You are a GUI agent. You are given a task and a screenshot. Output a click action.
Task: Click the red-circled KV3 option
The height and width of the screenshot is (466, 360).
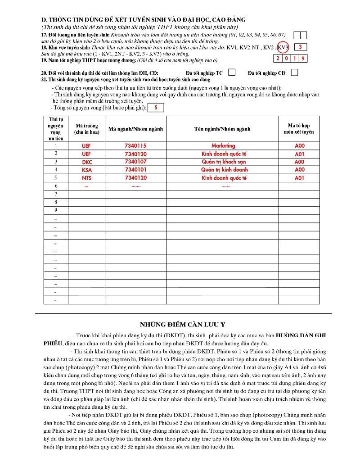point(283,47)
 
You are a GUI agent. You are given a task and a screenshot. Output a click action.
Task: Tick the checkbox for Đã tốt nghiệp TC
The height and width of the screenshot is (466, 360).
point(232,72)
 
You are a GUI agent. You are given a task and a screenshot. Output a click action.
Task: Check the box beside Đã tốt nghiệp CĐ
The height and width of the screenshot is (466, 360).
point(294,72)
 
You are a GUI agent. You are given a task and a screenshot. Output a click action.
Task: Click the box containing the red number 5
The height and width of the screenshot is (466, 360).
point(156,108)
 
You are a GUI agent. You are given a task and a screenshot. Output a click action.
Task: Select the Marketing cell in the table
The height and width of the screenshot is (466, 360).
point(223,146)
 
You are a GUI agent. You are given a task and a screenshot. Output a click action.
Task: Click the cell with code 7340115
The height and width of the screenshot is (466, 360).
point(135,146)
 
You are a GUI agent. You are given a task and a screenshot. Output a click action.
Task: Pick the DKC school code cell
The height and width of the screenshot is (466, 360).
point(86,162)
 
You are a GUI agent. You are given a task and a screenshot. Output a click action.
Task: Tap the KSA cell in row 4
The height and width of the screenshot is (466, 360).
point(86,170)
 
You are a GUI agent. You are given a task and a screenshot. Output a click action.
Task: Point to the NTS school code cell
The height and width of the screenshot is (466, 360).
point(86,178)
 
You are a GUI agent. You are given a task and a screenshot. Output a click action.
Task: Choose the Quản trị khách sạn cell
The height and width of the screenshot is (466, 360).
point(223,162)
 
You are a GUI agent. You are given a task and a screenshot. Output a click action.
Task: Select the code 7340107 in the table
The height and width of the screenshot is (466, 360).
point(135,162)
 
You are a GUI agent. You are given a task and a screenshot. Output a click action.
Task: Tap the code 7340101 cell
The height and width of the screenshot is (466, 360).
point(135,170)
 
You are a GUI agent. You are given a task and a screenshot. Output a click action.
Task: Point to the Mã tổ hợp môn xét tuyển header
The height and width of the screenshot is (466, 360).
point(299,129)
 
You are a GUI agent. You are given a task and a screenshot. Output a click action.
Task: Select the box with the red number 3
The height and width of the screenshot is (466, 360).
point(300,47)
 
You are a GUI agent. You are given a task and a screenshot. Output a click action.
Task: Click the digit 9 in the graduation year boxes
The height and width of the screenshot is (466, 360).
point(304,59)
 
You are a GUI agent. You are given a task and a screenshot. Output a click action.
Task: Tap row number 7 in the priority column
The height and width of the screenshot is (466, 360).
point(56,194)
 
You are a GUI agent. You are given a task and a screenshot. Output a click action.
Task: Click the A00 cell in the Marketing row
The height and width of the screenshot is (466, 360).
point(299,146)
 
